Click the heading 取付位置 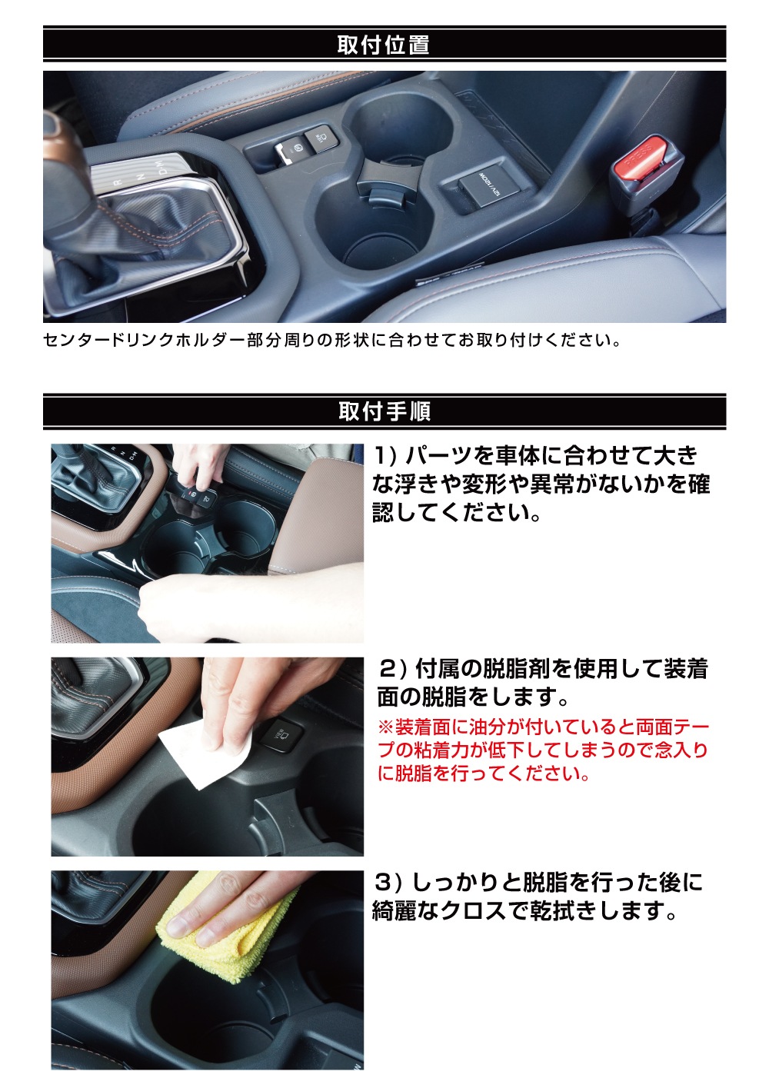coord(383,45)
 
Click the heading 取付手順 coord(384,411)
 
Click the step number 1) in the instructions coord(384,456)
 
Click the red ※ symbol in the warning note coord(385,727)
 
